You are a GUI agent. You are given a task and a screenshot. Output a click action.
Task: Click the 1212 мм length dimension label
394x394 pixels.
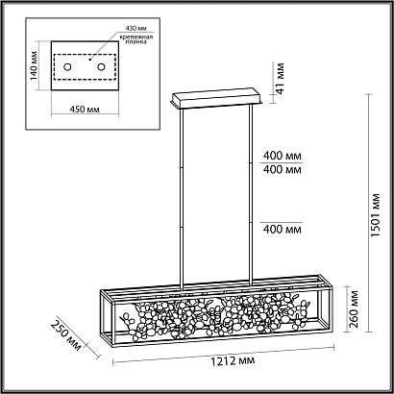233,360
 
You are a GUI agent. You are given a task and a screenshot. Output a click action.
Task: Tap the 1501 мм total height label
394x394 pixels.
376,214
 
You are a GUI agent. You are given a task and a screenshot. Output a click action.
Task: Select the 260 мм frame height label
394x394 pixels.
353,309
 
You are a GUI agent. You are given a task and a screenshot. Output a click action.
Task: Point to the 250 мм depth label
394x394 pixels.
65,335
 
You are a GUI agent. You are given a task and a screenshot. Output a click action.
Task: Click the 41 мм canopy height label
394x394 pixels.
280,78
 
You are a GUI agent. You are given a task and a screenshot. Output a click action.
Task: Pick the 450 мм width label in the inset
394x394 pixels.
85,110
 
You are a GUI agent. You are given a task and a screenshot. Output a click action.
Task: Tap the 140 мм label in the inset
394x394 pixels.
34,66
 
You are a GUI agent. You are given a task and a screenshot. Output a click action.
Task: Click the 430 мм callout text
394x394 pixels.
135,28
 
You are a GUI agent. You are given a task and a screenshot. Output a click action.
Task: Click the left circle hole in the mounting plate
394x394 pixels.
67,67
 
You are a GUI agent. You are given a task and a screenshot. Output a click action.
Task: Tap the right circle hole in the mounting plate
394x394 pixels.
101,67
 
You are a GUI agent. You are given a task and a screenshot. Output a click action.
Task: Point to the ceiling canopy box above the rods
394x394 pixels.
217,98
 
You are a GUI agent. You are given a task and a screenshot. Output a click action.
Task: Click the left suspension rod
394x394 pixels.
182,198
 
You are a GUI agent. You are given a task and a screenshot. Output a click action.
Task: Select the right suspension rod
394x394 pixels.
251,194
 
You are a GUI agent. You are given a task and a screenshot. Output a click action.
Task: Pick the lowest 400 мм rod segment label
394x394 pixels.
283,230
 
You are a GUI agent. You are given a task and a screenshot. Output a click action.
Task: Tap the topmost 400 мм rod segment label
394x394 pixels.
283,156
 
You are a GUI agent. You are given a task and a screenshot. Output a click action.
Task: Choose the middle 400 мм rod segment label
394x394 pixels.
283,170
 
